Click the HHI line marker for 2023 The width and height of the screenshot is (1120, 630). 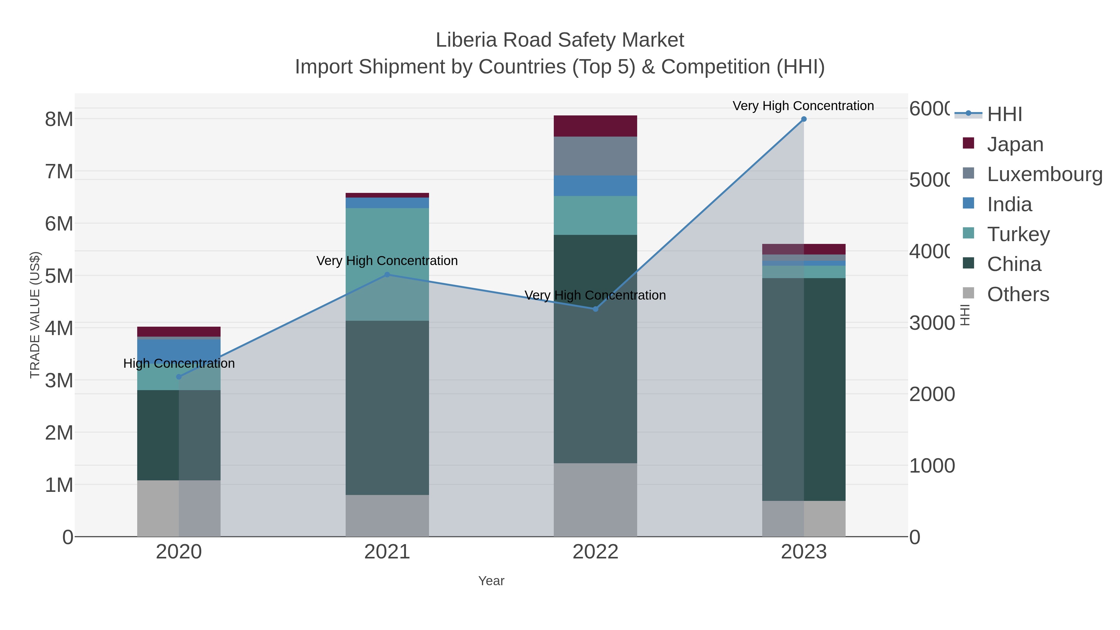tap(804, 119)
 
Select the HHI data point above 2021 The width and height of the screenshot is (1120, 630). tap(387, 275)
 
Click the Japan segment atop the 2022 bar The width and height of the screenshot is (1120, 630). tap(595, 126)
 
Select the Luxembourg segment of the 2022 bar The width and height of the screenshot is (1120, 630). tap(595, 156)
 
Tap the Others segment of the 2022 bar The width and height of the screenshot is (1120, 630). tap(595, 500)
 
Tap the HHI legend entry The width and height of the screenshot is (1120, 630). tap(1004, 114)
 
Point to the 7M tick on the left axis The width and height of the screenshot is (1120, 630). tap(59, 172)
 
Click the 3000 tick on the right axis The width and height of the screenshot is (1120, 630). tap(932, 323)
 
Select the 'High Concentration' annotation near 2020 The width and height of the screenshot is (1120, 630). tap(179, 363)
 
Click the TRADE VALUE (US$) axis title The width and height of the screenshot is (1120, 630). tap(35, 315)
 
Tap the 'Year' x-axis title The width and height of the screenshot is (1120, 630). tap(491, 581)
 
